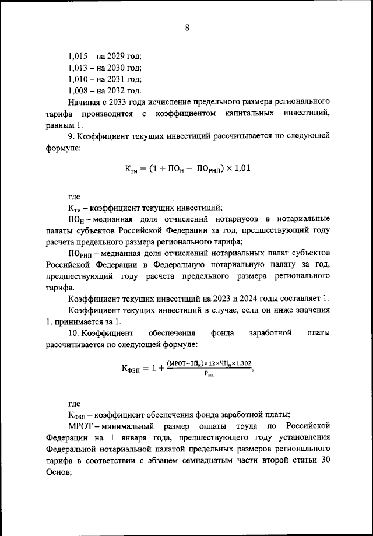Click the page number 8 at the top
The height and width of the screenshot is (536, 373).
pyautogui.click(x=187, y=27)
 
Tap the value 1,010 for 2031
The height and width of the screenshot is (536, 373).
pyautogui.click(x=78, y=79)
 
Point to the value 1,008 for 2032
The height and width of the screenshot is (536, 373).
pyautogui.click(x=78, y=91)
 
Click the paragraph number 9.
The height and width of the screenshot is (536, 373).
pyautogui.click(x=71, y=136)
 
